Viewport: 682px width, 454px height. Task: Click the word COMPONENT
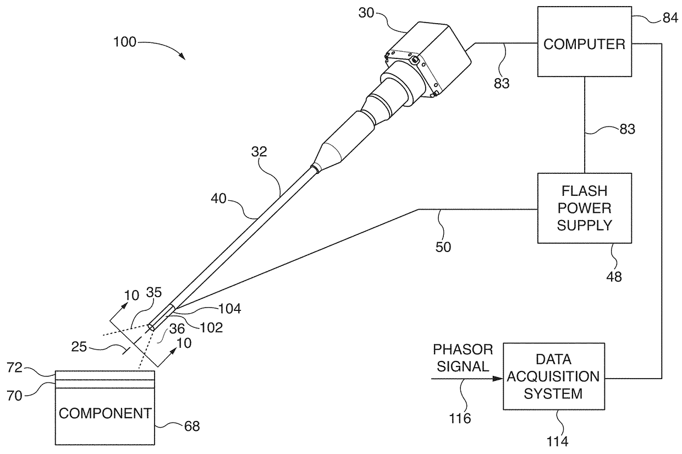pos(105,413)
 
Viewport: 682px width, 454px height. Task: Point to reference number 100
pos(124,42)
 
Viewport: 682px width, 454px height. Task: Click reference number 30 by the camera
pos(366,13)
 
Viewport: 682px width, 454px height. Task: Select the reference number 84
pos(670,18)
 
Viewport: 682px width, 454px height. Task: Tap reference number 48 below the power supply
pos(614,277)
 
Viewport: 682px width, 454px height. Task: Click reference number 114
pos(557,441)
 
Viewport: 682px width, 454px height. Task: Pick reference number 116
pos(460,419)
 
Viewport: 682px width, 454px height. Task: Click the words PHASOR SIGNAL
pos(463,358)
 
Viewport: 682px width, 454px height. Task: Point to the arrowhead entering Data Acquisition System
pos(498,379)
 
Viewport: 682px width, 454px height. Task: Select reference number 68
pos(192,426)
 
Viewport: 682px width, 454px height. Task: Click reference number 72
pos(15,368)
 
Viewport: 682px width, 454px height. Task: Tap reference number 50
pos(443,247)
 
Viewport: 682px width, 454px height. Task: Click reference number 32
pos(259,151)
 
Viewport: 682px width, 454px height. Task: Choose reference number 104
pos(229,309)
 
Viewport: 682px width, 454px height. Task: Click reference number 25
pos(79,347)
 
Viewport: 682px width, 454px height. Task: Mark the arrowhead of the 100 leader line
pos(183,56)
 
